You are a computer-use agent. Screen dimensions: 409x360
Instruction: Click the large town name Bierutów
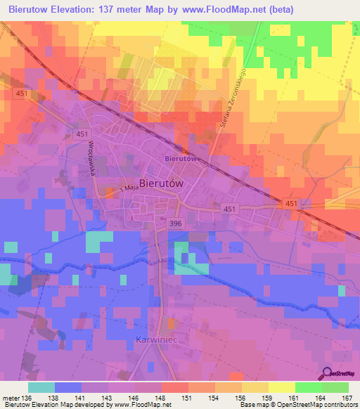pos(161,182)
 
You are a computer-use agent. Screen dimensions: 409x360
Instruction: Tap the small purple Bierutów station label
pos(180,159)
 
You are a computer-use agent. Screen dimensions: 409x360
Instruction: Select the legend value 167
pos(347,398)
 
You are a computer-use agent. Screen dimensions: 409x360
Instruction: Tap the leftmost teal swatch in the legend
pos(41,387)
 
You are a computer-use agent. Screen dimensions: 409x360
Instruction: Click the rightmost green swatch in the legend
pos(335,387)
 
